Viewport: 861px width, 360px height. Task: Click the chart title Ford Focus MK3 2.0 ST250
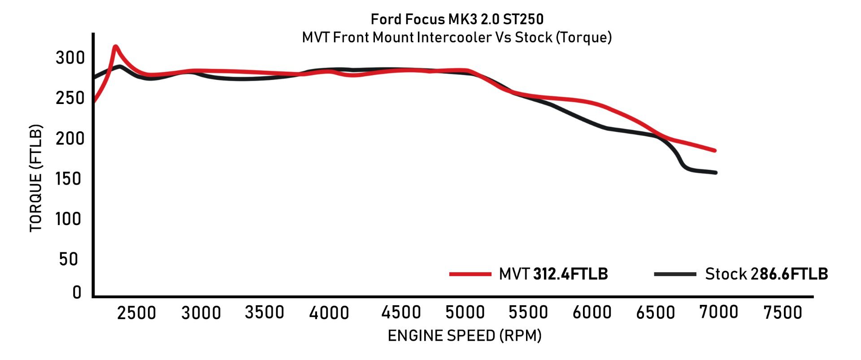click(x=457, y=19)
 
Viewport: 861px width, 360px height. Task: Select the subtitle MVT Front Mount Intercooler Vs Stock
click(x=457, y=37)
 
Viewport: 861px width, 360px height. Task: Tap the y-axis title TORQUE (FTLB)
click(x=36, y=178)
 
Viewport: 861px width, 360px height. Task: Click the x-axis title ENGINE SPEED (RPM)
click(x=465, y=335)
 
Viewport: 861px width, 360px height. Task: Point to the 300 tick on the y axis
click(x=70, y=58)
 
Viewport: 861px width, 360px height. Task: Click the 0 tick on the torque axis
click(x=77, y=292)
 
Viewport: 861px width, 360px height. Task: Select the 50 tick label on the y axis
click(x=69, y=259)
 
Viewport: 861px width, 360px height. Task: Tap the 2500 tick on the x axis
click(x=136, y=312)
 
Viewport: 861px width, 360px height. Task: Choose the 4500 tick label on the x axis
click(x=401, y=312)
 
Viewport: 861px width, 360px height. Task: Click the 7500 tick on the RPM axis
click(x=783, y=312)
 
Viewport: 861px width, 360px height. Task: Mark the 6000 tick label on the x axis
click(x=592, y=312)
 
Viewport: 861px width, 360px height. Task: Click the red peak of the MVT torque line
click(x=115, y=46)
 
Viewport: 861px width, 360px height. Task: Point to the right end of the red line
click(x=715, y=151)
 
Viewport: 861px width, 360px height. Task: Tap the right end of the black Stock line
click(x=716, y=173)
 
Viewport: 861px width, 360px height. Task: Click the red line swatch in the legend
click(x=470, y=274)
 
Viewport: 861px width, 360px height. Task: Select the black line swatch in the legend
click(x=675, y=274)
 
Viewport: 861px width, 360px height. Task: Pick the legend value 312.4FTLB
click(x=570, y=274)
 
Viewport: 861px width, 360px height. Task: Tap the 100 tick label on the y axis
click(x=68, y=219)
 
